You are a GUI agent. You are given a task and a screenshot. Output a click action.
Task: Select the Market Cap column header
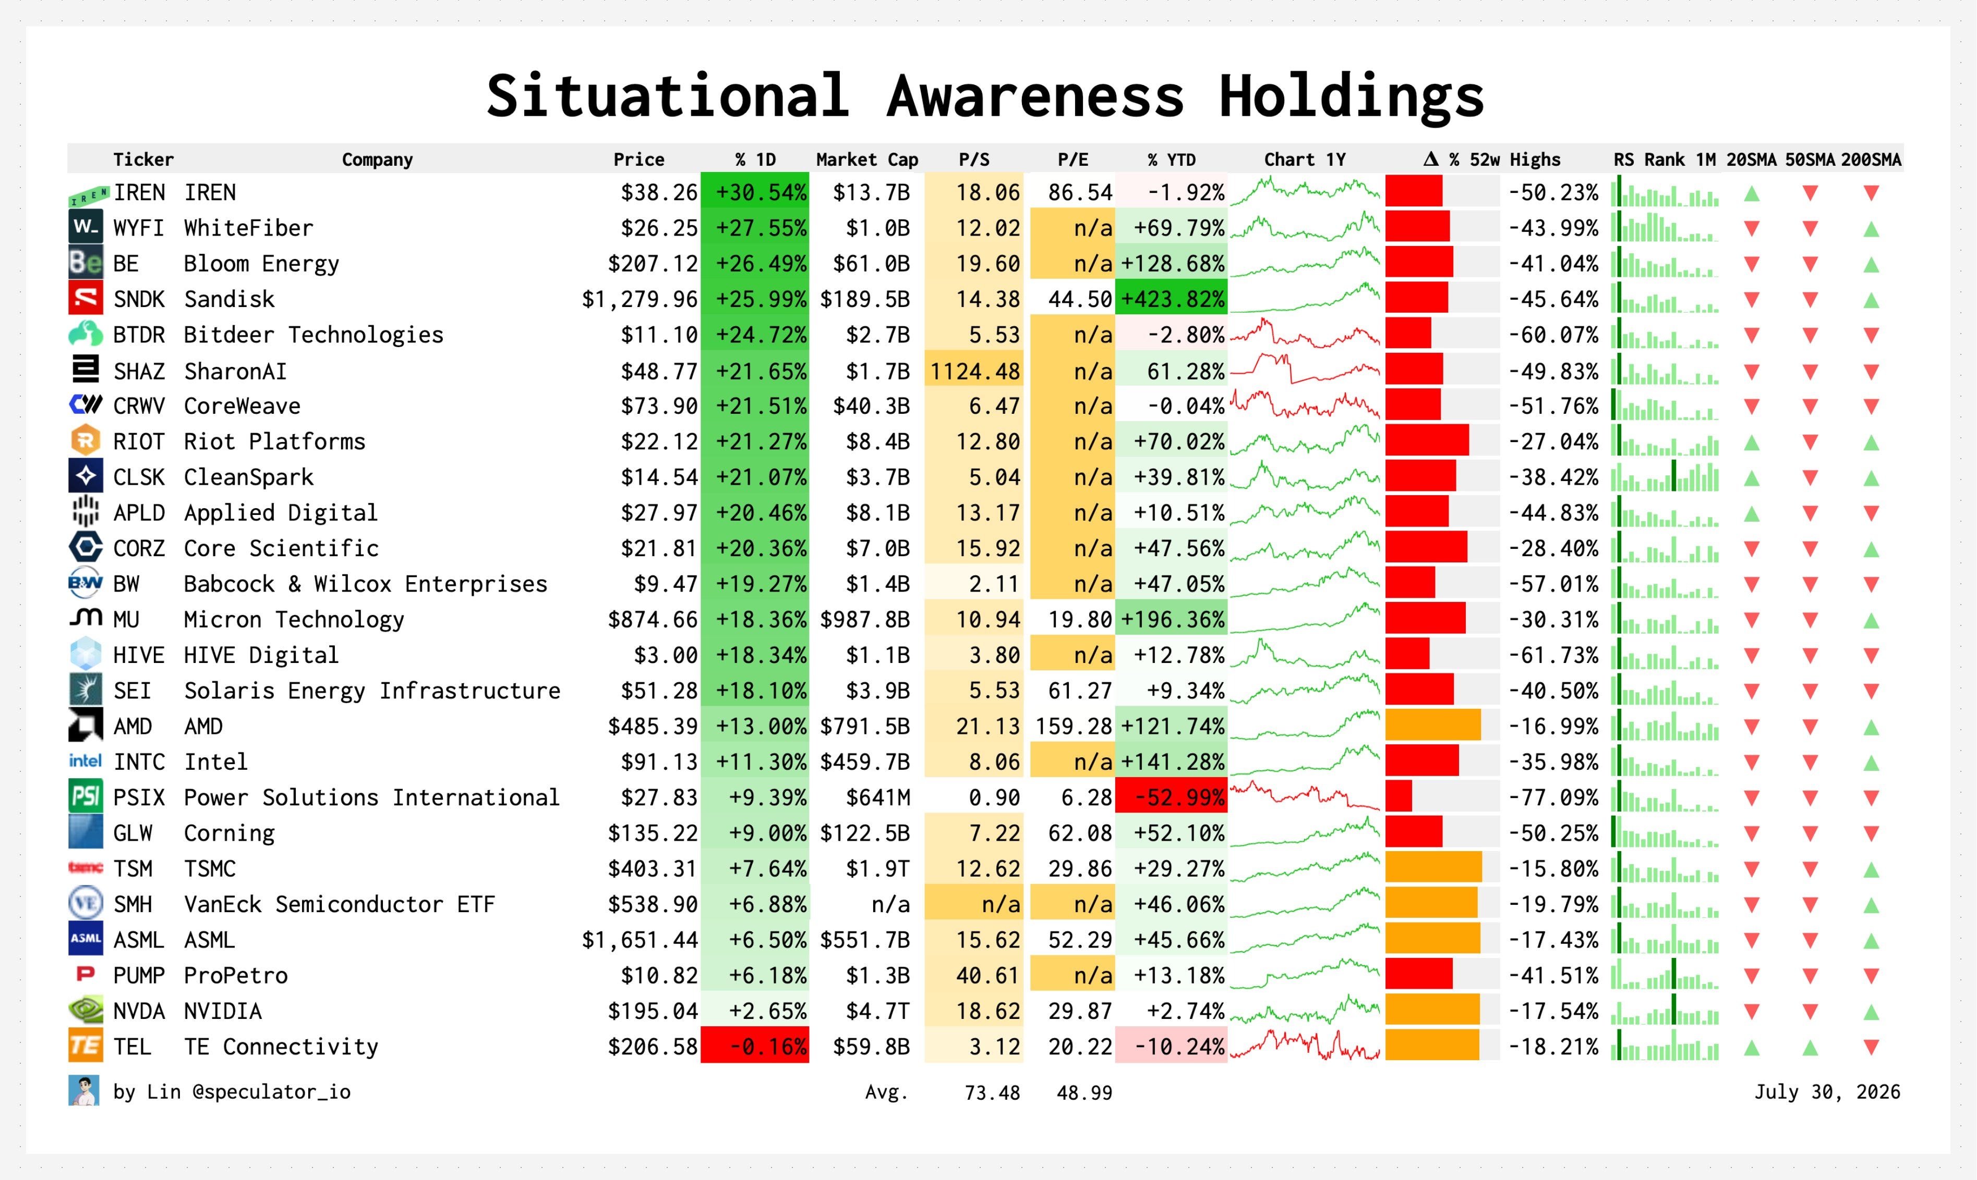coord(867,160)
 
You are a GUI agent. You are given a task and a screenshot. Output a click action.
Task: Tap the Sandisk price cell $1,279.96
coord(640,299)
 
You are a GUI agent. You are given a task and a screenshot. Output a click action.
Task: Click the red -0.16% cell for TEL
coord(755,1047)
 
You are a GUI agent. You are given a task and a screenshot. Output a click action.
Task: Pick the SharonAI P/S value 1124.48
coord(974,371)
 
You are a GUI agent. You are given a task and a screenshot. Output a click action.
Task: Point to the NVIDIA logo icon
coord(85,1011)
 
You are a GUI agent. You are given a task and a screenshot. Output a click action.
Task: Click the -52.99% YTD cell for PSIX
coord(1171,797)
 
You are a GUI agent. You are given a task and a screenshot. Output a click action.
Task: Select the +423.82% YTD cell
coord(1171,299)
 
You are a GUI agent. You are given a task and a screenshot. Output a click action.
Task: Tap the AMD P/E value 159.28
coord(1073,727)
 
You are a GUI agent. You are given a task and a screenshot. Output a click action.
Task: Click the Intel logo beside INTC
coord(85,761)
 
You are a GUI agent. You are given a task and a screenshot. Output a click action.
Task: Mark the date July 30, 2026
coord(1827,1092)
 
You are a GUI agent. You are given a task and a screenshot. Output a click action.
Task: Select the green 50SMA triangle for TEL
coord(1810,1048)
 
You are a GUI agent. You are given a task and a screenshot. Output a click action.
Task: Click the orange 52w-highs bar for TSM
coord(1433,868)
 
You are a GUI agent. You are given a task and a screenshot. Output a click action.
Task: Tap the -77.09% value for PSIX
coord(1554,797)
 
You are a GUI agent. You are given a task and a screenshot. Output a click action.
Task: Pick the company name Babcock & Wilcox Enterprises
coord(366,584)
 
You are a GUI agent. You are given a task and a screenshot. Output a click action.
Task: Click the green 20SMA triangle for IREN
coord(1752,193)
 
